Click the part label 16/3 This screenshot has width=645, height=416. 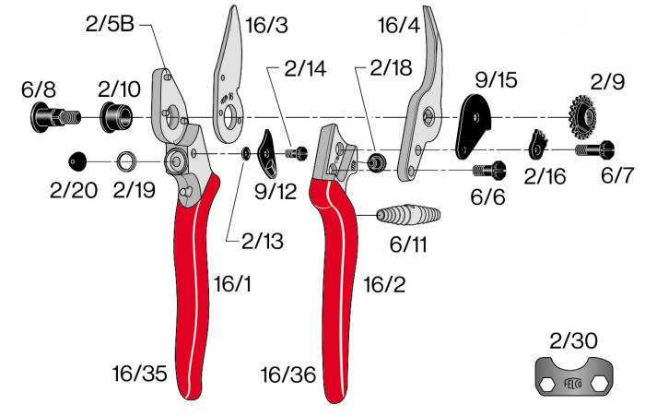(x=266, y=25)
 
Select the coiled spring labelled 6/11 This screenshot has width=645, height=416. (x=408, y=215)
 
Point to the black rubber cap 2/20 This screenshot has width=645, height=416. (x=77, y=161)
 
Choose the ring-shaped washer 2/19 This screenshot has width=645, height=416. (x=126, y=161)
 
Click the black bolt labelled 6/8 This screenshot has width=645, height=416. (x=54, y=117)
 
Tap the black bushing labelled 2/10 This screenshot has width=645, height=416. (x=116, y=117)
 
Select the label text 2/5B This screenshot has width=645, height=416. (x=110, y=24)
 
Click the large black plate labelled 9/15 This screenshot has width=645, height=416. (x=473, y=125)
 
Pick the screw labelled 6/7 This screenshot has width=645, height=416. (x=595, y=149)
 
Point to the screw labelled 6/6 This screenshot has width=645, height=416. (x=489, y=170)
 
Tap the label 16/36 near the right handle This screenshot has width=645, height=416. (x=288, y=374)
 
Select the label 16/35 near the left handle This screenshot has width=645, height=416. (x=140, y=374)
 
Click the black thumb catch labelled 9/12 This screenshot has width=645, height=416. (x=266, y=153)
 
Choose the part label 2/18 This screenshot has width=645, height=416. (x=391, y=67)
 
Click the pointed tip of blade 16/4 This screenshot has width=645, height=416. (x=425, y=6)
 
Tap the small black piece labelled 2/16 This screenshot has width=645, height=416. (x=537, y=145)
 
